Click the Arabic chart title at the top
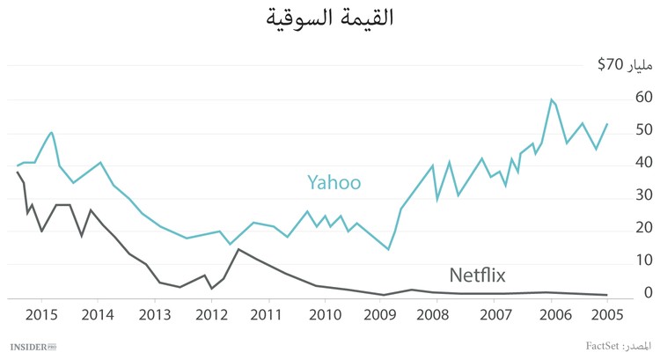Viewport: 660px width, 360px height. point(329,18)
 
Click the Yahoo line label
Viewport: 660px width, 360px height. point(334,182)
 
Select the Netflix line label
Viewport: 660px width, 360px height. point(478,275)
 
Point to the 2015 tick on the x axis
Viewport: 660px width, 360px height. point(41,314)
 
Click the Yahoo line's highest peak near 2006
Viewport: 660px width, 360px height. point(551,99)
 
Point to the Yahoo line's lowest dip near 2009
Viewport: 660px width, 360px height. point(388,249)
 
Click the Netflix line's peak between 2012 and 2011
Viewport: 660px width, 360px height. point(238,249)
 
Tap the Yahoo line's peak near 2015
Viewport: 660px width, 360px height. point(52,132)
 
